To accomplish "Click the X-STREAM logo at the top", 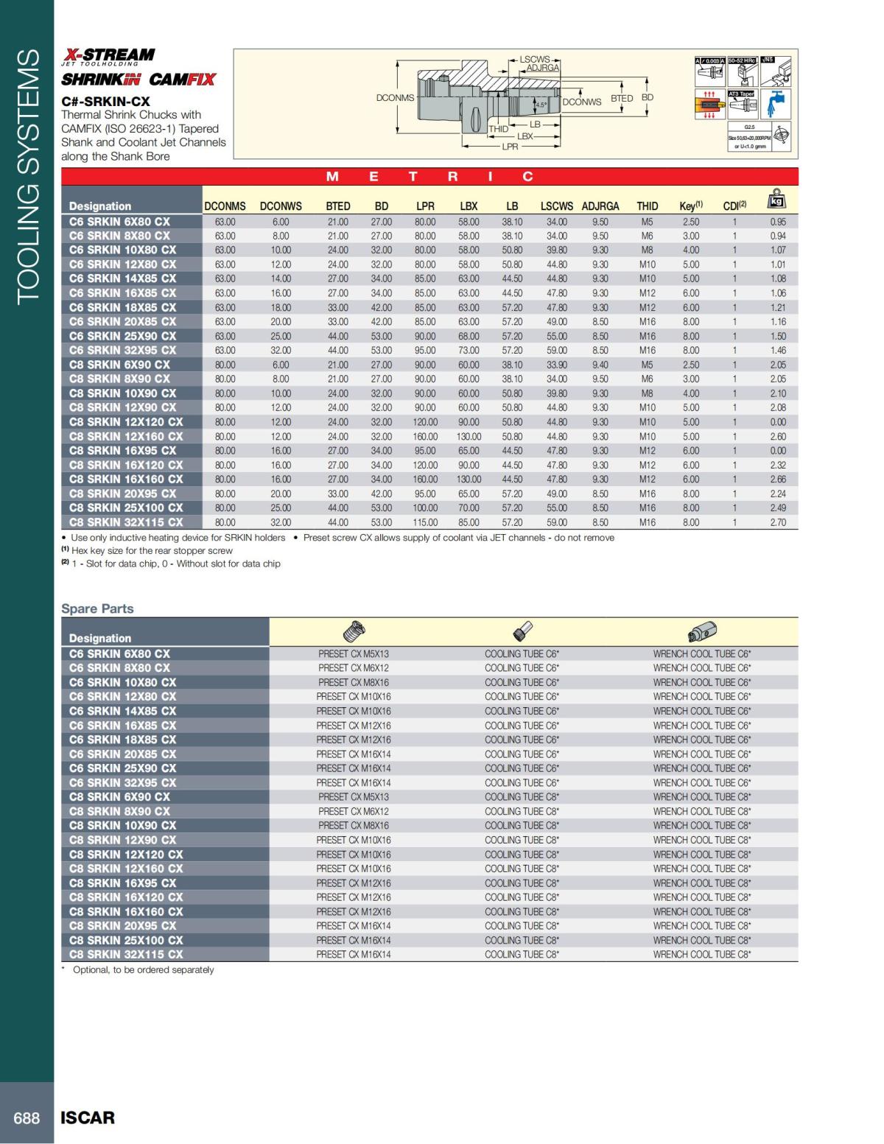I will click(x=108, y=55).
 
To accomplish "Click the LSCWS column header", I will click(x=556, y=206).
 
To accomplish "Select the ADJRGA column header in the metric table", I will click(x=600, y=206).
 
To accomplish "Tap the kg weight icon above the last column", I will click(x=777, y=200).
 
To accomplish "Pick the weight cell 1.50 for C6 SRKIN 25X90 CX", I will click(x=778, y=336).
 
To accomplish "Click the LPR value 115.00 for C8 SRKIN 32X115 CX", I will click(x=425, y=522).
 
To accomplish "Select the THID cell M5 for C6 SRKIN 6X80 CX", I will click(x=647, y=222).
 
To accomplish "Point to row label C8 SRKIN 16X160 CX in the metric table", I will click(x=126, y=479).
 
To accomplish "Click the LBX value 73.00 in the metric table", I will click(x=469, y=351).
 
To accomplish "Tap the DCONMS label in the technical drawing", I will click(x=395, y=98).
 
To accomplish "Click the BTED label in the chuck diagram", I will click(x=622, y=98).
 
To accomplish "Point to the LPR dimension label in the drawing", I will click(x=510, y=147).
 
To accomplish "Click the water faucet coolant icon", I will click(x=776, y=103).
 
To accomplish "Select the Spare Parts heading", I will click(x=97, y=608).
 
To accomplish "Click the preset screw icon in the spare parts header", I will click(x=354, y=632).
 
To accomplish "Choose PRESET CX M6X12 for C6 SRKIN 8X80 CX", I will click(x=354, y=668).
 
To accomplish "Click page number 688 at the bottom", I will click(x=27, y=1117).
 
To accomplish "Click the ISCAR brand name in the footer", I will click(x=88, y=1117).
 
